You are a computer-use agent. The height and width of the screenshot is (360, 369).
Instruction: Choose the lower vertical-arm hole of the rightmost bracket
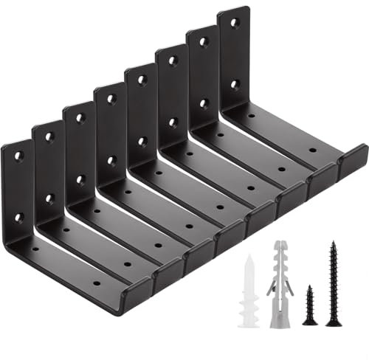(235, 84)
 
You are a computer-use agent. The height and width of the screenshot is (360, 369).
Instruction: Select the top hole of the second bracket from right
(204, 42)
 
